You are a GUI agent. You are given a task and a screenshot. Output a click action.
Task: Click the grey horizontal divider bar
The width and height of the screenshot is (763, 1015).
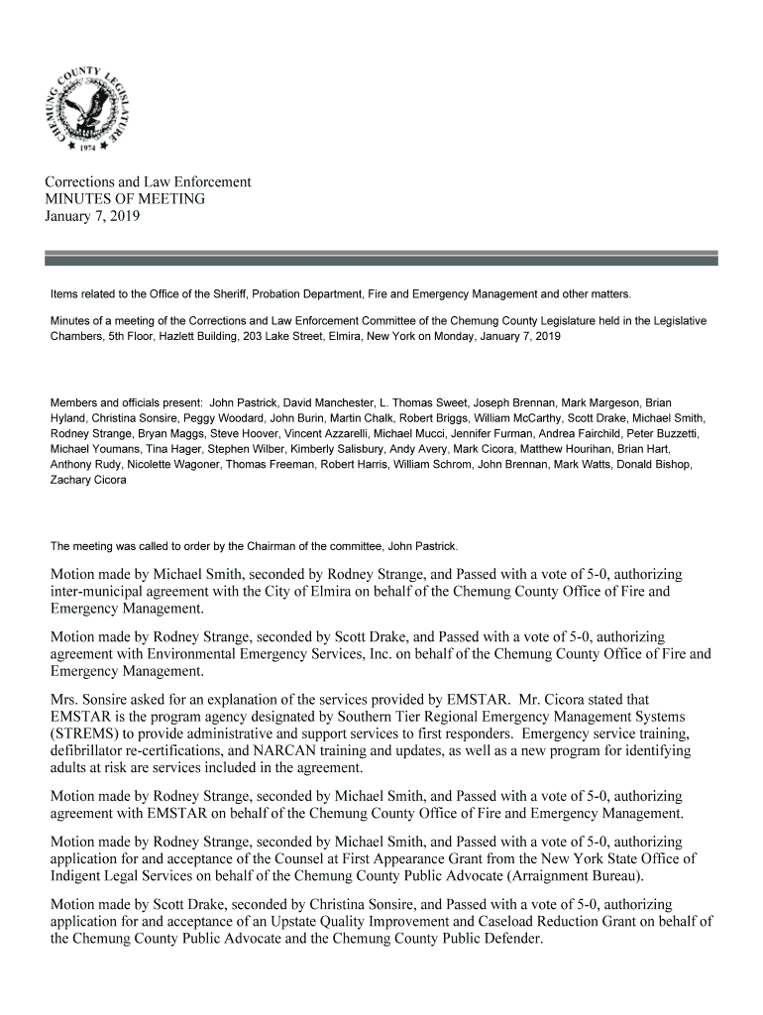381,259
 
